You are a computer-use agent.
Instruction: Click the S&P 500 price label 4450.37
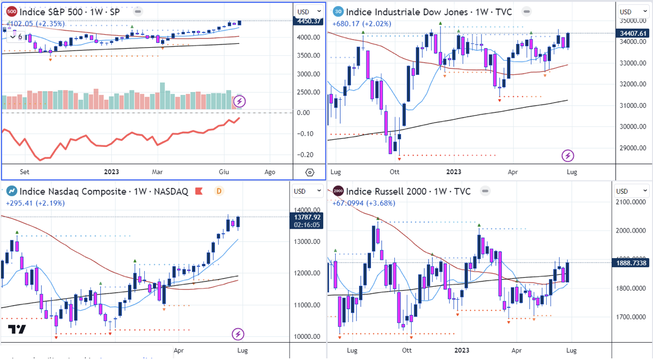coord(308,21)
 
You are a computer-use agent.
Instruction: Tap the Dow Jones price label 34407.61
coord(633,33)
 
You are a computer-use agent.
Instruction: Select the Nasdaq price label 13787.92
coord(308,217)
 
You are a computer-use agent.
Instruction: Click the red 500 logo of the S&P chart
coord(11,11)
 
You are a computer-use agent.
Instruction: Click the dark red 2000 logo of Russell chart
coord(337,191)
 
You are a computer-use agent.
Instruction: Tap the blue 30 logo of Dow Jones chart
coord(337,11)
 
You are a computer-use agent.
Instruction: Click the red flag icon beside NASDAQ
coord(199,191)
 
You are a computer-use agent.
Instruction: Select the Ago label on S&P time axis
coord(270,172)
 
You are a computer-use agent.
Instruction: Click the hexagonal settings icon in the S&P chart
coord(309,172)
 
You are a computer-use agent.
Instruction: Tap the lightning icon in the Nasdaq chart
coord(238,334)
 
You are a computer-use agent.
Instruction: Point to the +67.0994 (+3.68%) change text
coord(363,203)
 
